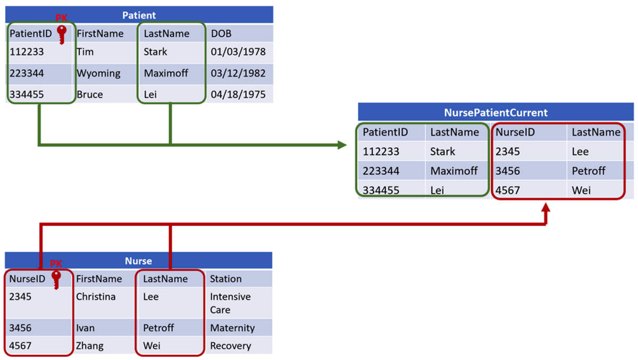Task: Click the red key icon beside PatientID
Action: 62,35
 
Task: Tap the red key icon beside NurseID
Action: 56,280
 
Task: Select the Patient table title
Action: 139,15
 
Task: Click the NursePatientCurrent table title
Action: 496,113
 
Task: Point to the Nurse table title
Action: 138,261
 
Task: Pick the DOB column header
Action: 221,34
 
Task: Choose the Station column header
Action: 225,279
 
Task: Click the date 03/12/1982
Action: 238,73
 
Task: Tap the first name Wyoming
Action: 98,73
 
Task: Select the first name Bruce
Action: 90,94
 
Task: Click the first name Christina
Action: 96,297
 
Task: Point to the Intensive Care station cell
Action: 230,303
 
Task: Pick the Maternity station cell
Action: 232,328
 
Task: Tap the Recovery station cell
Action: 230,346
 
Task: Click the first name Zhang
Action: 90,346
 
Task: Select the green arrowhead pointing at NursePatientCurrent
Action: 342,145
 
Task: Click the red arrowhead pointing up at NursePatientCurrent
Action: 545,207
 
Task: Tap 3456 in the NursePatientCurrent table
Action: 508,171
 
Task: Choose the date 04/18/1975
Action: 238,94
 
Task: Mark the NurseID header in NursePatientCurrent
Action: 515,132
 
